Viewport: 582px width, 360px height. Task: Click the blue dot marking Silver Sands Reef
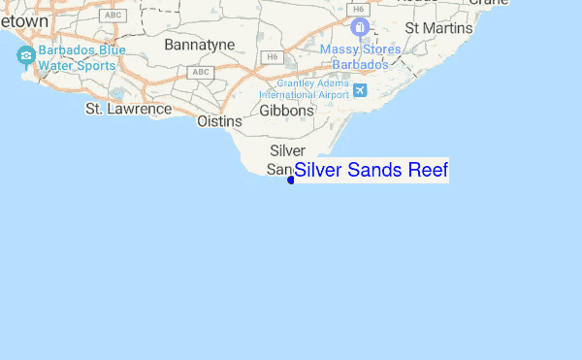pyautogui.click(x=290, y=179)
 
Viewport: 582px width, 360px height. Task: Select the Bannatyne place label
pyautogui.click(x=199, y=45)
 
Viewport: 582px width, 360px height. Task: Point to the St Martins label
pyautogui.click(x=438, y=28)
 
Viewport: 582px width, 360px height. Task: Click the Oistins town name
pyautogui.click(x=218, y=121)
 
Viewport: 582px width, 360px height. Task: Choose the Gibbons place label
pyautogui.click(x=286, y=111)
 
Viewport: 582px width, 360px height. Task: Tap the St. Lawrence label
pyautogui.click(x=128, y=109)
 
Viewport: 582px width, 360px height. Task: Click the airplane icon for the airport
pyautogui.click(x=362, y=90)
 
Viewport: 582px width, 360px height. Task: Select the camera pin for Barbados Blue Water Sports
pyautogui.click(x=24, y=54)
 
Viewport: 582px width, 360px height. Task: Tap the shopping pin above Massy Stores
pyautogui.click(x=360, y=27)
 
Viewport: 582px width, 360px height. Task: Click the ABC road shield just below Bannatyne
pyautogui.click(x=201, y=73)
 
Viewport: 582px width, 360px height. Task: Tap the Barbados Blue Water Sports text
pyautogui.click(x=81, y=58)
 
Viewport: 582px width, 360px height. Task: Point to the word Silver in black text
pyautogui.click(x=287, y=150)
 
